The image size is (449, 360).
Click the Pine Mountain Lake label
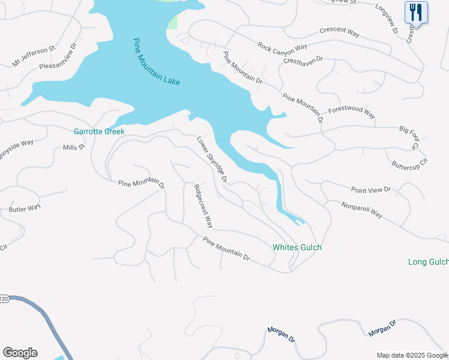pos(157,61)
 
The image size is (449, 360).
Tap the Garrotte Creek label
pos(99,131)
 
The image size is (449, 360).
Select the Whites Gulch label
pos(297,247)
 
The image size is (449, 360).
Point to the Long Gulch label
pos(428,262)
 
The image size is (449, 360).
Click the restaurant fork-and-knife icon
pos(415,12)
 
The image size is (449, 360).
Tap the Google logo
pos(20,353)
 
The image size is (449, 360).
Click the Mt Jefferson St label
pos(34,55)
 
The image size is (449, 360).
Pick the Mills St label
pos(74,146)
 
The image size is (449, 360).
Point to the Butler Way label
pos(25,208)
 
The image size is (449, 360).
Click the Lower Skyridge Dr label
pos(213,159)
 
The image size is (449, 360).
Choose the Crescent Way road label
pos(340,32)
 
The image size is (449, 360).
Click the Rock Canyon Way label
pos(282,46)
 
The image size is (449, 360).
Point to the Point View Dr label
pos(371,190)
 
